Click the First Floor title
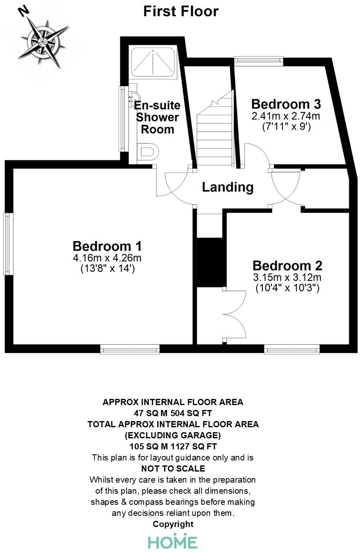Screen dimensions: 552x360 pyautogui.click(x=181, y=11)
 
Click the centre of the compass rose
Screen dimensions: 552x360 pyautogui.click(x=42, y=42)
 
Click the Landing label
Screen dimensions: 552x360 pyautogui.click(x=227, y=187)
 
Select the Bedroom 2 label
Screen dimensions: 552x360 pyautogui.click(x=287, y=265)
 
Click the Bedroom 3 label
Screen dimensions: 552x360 pyautogui.click(x=286, y=104)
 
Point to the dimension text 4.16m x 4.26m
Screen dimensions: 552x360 pyautogui.click(x=107, y=258)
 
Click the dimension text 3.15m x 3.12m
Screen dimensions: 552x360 pyautogui.click(x=287, y=277)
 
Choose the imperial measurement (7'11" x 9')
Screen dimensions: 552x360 pyautogui.click(x=286, y=127)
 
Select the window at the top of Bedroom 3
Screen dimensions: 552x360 pyautogui.click(x=258, y=61)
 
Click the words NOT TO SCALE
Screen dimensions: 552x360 pyautogui.click(x=173, y=468)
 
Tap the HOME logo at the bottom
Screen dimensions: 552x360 pyautogui.click(x=173, y=541)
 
